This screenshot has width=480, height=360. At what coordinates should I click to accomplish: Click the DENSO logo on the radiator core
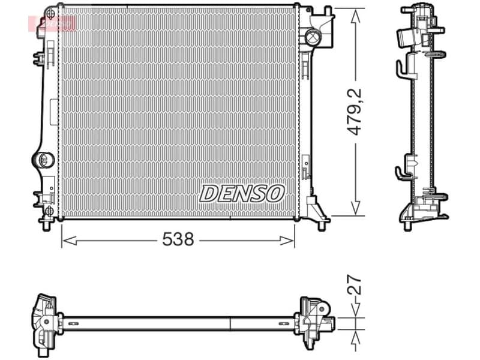point(241,193)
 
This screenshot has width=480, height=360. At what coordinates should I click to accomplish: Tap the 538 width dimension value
point(178,239)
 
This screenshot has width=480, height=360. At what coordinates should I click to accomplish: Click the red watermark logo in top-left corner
point(53,23)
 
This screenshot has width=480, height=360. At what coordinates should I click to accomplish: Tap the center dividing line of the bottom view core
point(231,323)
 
